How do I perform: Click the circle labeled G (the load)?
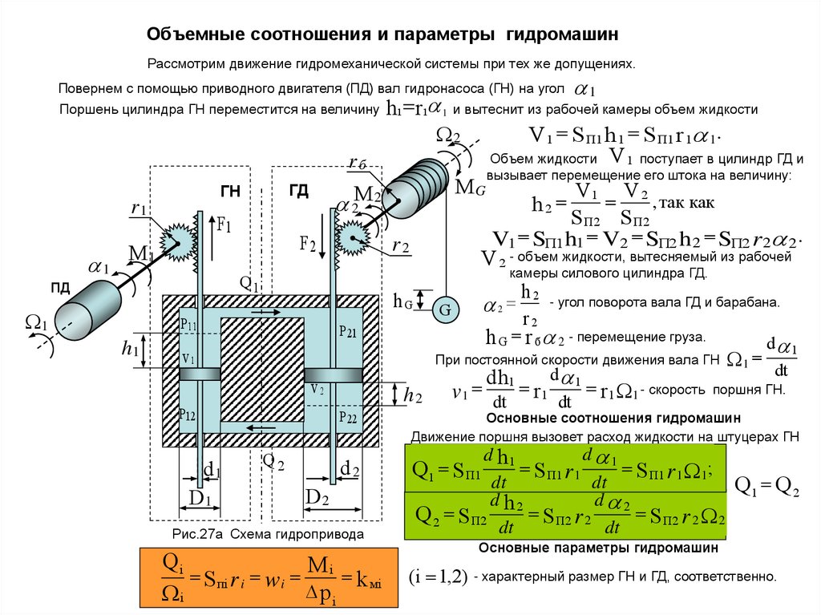coord(442,310)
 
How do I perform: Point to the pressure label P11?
coord(188,323)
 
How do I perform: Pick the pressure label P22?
coord(347,418)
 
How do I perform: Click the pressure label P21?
coord(347,331)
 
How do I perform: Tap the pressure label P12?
coord(188,415)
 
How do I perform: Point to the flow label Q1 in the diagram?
coord(249,284)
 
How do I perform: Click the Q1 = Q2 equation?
coord(767,486)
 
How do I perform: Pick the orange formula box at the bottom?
coord(269,577)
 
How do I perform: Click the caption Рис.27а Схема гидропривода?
coord(268,534)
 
